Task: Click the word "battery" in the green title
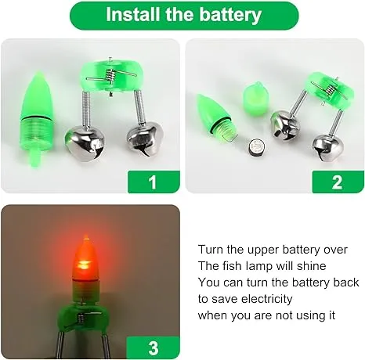[230, 15]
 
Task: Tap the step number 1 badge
[154, 182]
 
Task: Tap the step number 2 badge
[338, 182]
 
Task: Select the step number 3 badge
[154, 347]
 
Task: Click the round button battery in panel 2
[256, 148]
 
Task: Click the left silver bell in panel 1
[85, 142]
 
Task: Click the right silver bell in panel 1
[145, 140]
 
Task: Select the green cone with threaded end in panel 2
[215, 117]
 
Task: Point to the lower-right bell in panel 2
[328, 149]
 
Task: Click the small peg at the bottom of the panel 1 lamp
[35, 158]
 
